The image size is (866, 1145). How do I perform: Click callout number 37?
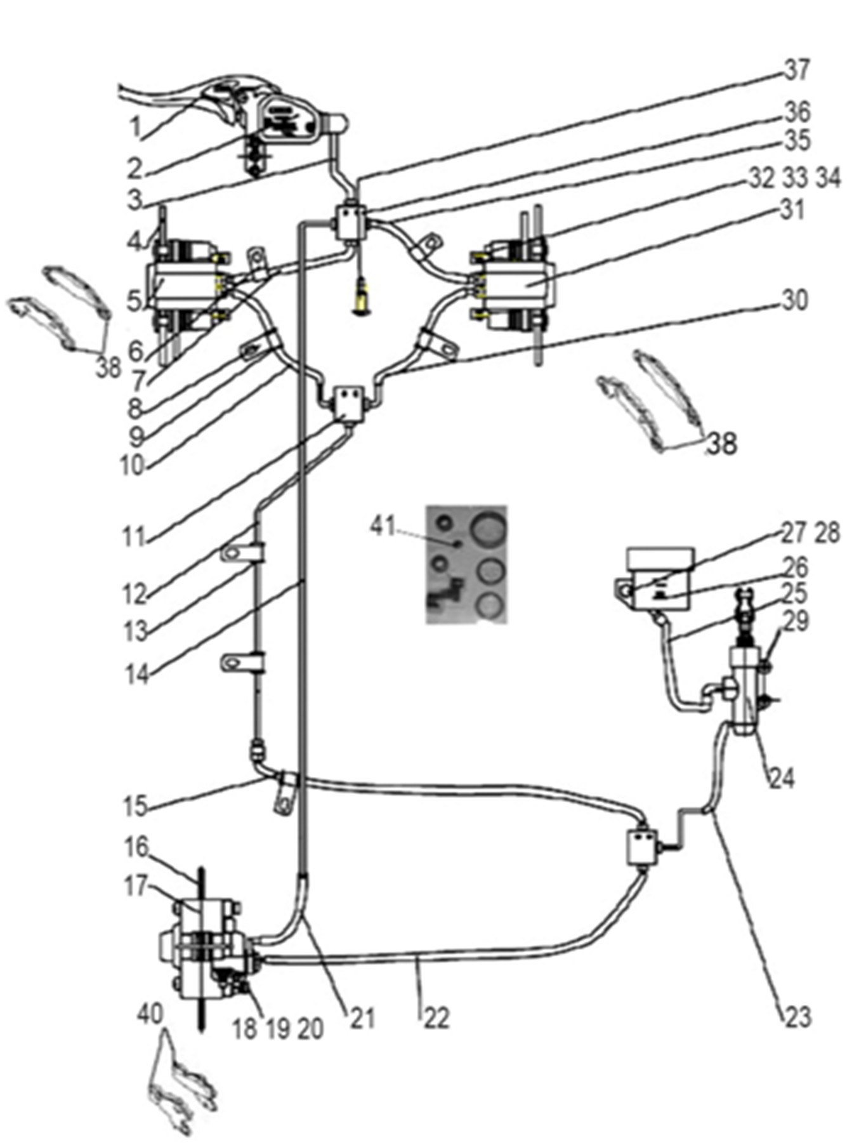[x=797, y=69]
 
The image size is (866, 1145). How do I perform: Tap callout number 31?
[x=791, y=209]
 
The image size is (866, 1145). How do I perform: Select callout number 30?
[x=794, y=300]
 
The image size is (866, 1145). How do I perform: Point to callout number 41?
[x=383, y=526]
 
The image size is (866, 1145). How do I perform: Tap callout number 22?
[x=436, y=1018]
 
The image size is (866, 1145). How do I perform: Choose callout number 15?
[x=135, y=806]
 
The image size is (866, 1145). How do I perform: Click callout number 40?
[x=150, y=1014]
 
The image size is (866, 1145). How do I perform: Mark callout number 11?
[x=134, y=538]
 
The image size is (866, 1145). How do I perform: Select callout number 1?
[x=134, y=127]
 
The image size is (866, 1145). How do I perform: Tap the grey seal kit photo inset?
[x=466, y=564]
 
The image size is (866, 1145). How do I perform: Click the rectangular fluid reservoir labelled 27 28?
[x=658, y=579]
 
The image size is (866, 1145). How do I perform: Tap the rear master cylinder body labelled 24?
[x=746, y=692]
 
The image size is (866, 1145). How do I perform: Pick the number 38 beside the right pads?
[x=721, y=444]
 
